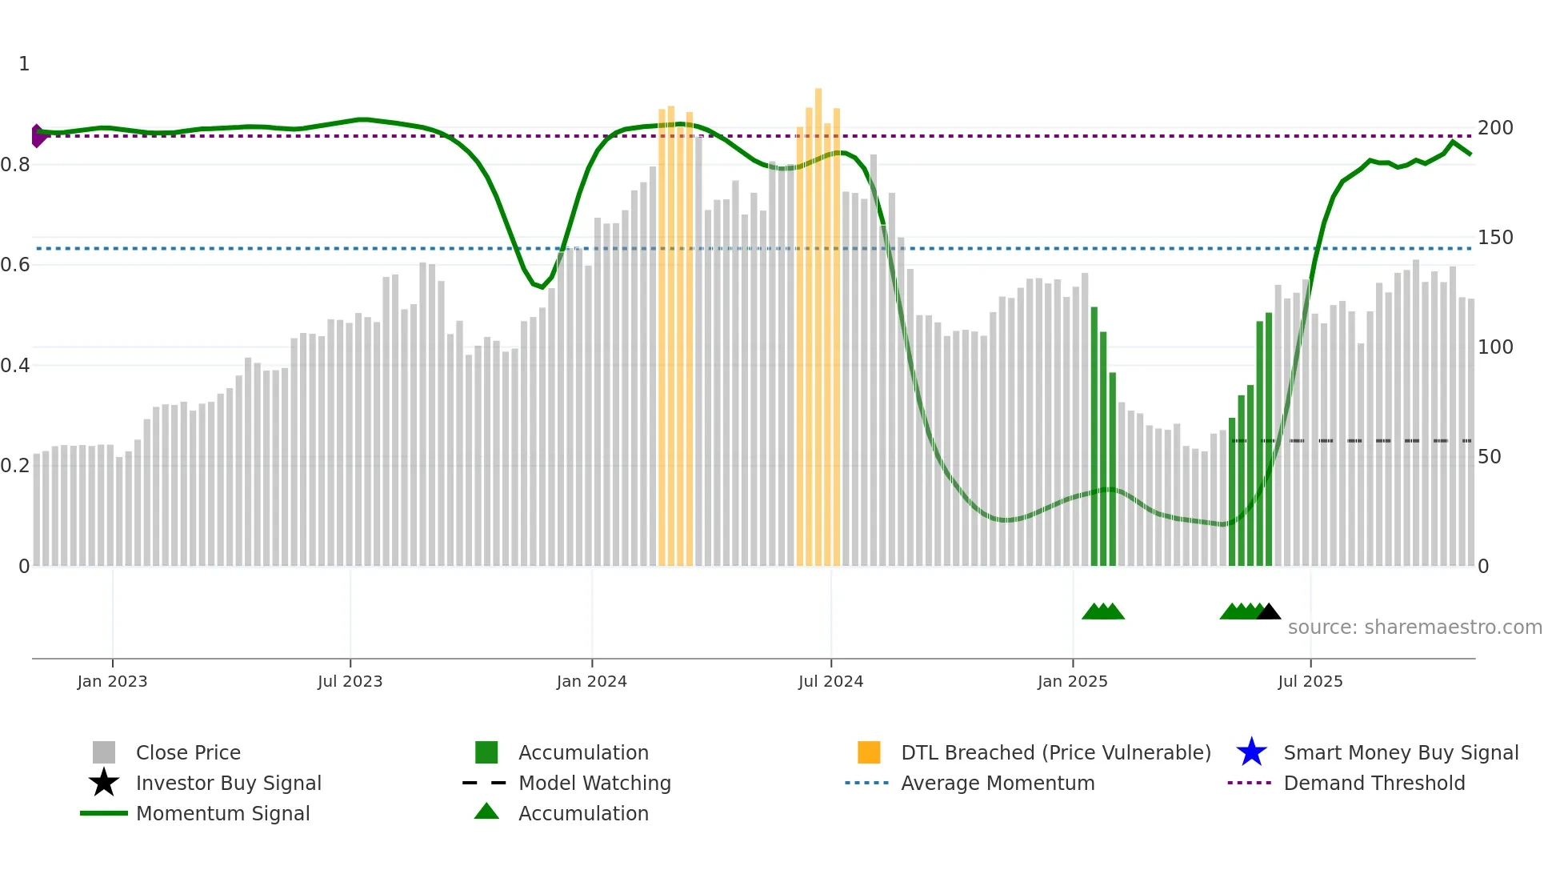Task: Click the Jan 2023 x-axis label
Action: click(112, 681)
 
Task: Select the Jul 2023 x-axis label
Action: click(350, 681)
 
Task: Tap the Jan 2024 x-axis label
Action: click(591, 681)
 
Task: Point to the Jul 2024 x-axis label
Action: click(830, 681)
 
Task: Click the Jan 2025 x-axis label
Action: click(1072, 681)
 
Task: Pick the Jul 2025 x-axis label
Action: click(1310, 681)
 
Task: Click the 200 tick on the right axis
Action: click(1495, 128)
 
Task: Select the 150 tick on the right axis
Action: click(1495, 238)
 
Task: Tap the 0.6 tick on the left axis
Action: click(15, 265)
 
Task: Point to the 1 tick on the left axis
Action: click(24, 64)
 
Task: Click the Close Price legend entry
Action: click(188, 753)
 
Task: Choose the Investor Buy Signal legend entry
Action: click(228, 784)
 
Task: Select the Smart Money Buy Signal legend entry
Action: click(1400, 753)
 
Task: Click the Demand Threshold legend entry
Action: click(1374, 784)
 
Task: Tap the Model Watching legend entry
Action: click(594, 784)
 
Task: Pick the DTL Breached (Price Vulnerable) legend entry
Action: click(1055, 753)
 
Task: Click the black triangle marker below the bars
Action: click(1269, 612)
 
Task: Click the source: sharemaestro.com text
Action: click(1414, 627)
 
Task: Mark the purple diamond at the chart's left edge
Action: click(38, 136)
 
